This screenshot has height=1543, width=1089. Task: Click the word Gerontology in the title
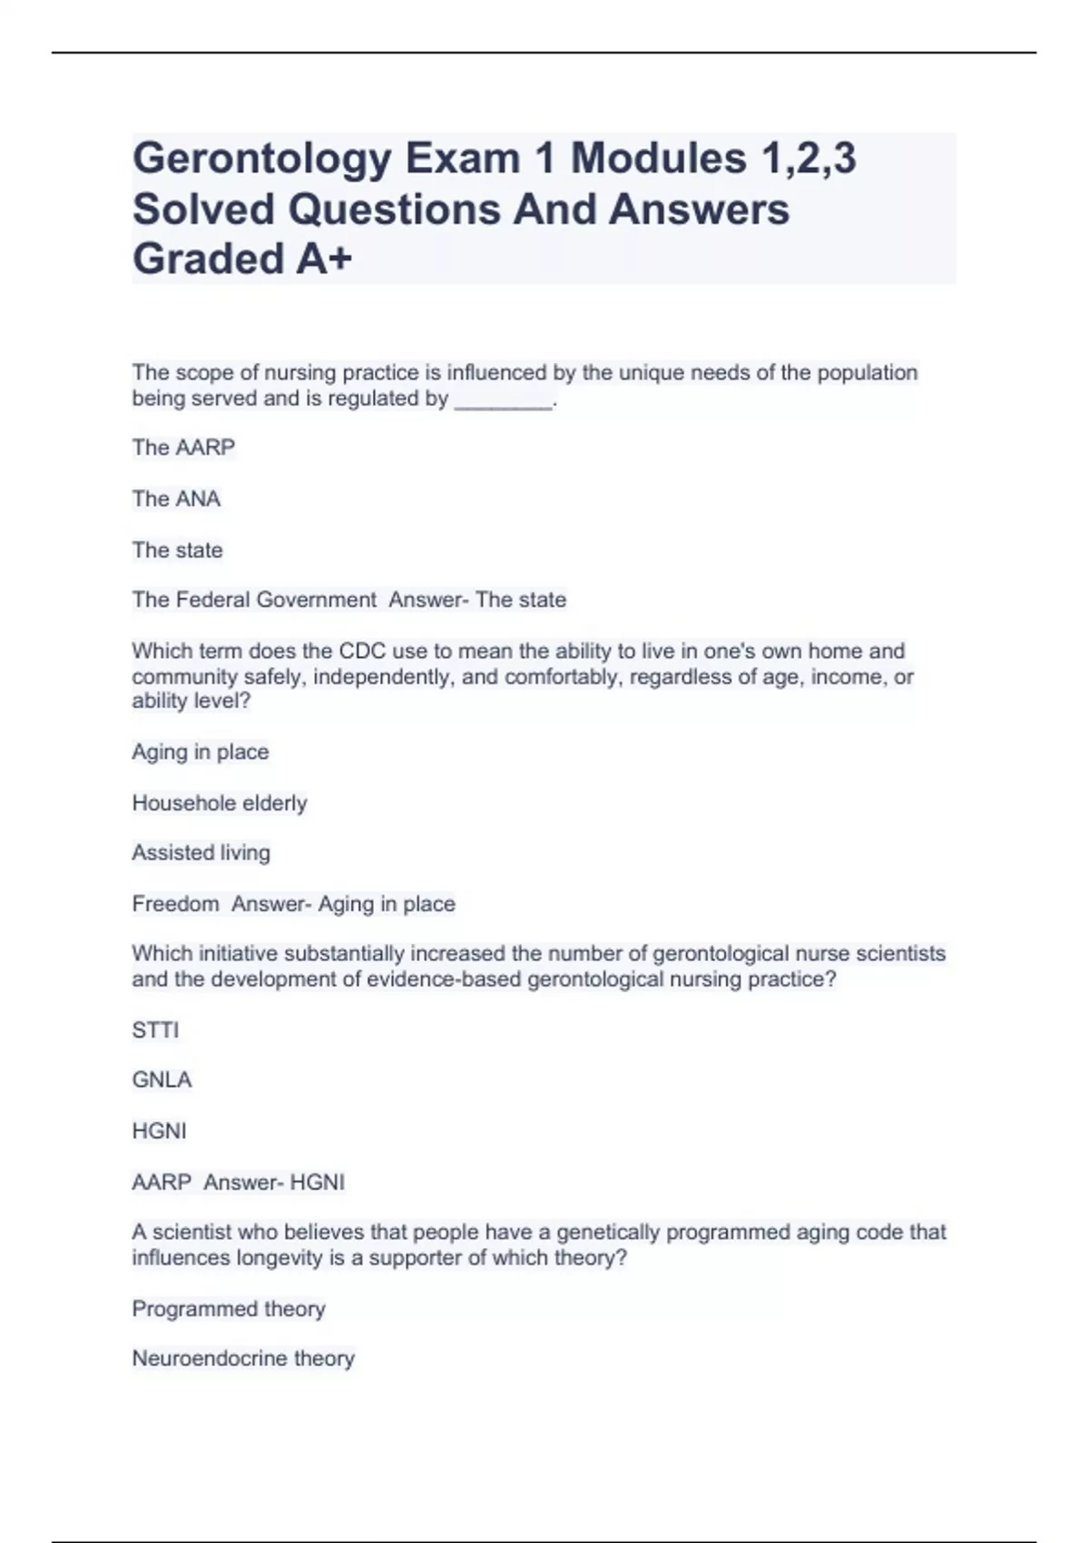[x=260, y=160]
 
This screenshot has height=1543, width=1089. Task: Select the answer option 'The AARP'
[x=183, y=447]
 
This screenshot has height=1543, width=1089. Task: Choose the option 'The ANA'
[x=176, y=499]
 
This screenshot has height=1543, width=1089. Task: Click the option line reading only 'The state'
[x=177, y=550]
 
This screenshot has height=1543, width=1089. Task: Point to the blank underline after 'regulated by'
[x=502, y=401]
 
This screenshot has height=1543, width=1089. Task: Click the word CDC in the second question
[x=362, y=651]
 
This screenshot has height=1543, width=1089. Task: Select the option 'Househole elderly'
[x=220, y=803]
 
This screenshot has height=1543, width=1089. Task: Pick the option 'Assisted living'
[x=201, y=853]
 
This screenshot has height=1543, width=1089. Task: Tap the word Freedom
[x=175, y=904]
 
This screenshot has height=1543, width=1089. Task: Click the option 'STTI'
[x=155, y=1030]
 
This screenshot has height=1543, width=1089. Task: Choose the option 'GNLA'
[x=162, y=1080]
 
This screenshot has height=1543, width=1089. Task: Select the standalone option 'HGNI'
[x=159, y=1131]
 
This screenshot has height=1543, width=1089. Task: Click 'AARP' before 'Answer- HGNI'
[x=162, y=1183]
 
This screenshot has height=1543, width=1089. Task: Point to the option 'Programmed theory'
[x=229, y=1309]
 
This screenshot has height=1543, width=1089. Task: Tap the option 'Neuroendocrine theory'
[x=243, y=1359]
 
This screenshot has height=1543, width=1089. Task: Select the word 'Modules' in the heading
[x=658, y=160]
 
